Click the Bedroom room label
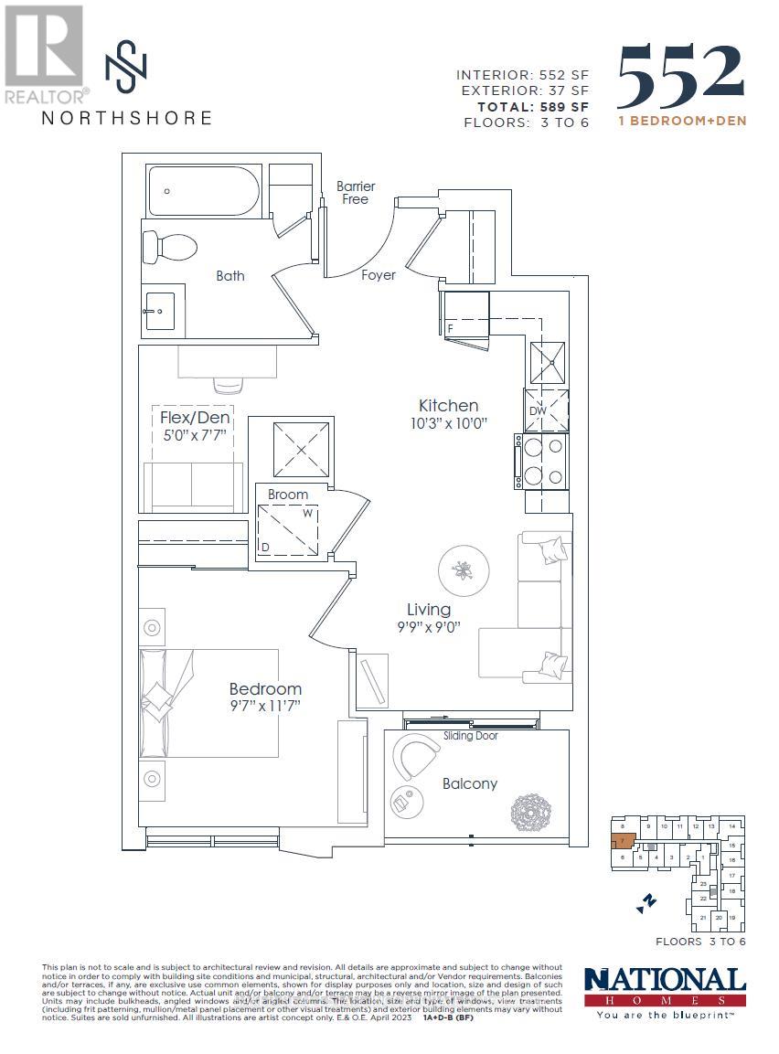coord(265,688)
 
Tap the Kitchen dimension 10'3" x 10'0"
coord(448,424)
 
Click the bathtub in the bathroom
coord(204,190)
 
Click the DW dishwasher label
coord(538,411)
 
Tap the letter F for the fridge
coord(450,326)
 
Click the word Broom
coord(288,495)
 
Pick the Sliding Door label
coord(471,736)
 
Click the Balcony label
coord(470,783)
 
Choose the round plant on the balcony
coord(530,811)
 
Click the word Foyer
coord(379,274)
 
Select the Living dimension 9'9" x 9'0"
coord(428,627)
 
